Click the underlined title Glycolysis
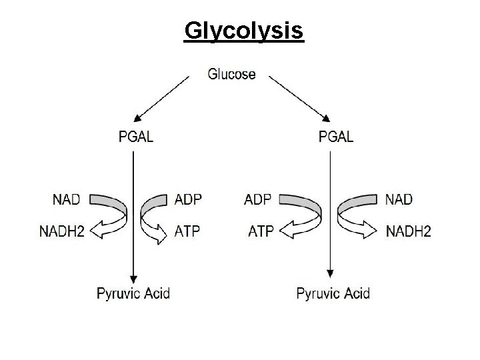pos(243,31)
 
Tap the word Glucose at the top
pos(231,73)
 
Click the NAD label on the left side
pos(67,199)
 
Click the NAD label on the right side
pos(399,199)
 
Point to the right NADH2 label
pos(408,231)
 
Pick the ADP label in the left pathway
pos(188,199)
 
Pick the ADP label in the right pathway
pos(259,199)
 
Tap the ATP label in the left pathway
pos(187,231)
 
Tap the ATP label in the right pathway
pos(260,231)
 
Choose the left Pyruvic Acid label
pos(133,293)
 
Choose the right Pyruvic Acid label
pos(333,293)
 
